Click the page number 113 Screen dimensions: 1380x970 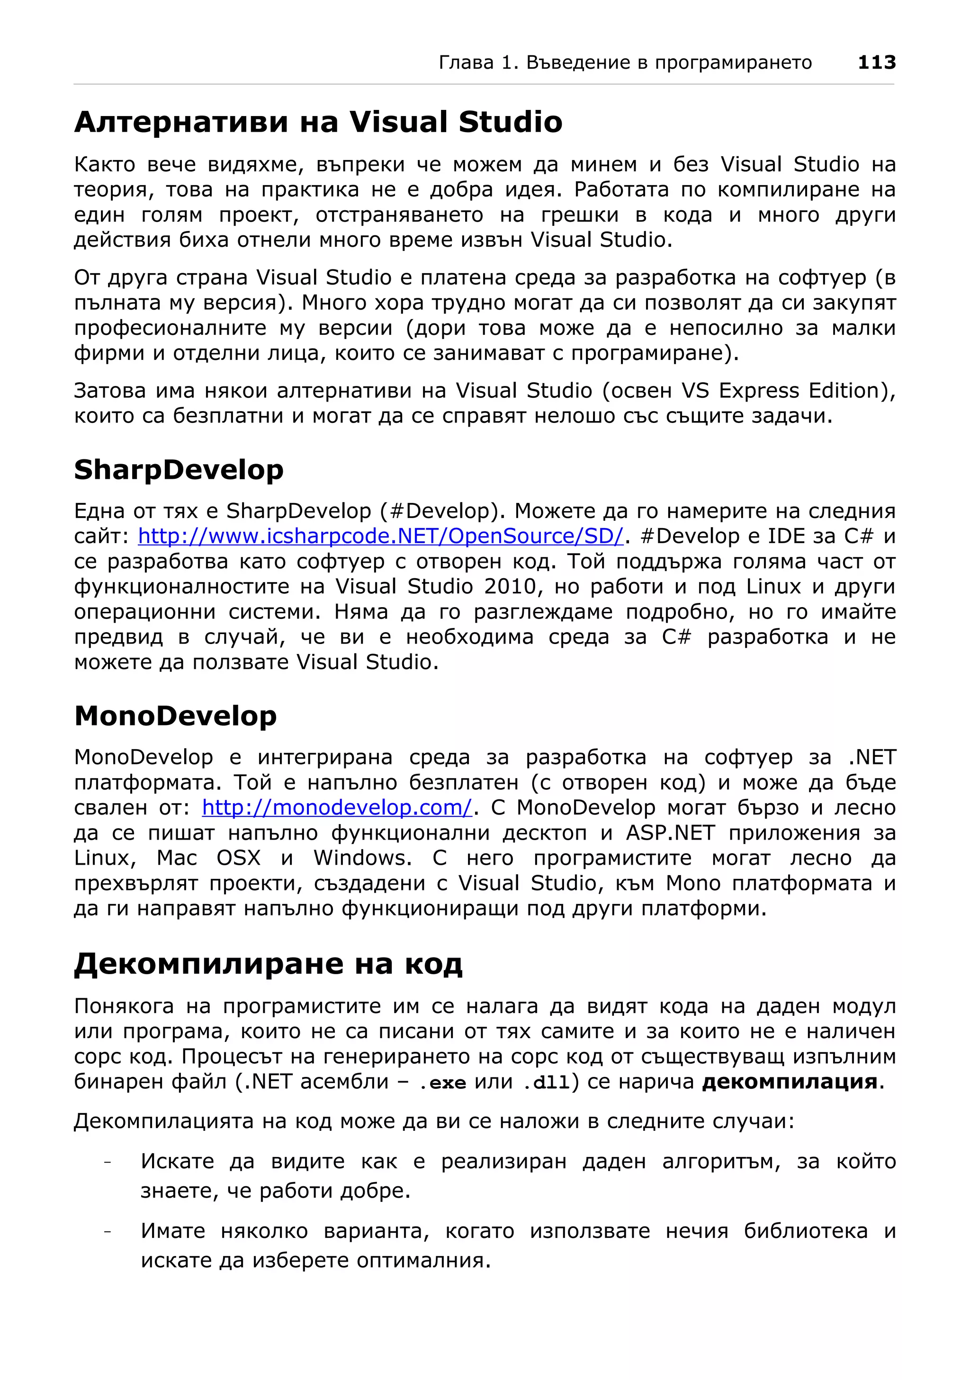[x=876, y=63]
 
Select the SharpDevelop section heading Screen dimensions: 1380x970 [x=179, y=470]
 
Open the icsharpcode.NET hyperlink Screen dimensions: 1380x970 [x=380, y=536]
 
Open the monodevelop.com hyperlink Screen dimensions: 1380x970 [x=337, y=807]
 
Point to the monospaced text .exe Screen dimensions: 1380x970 [x=442, y=1083]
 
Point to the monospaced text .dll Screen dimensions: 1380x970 [x=546, y=1083]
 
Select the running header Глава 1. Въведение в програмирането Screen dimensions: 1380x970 [x=625, y=63]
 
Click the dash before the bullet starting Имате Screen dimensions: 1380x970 [x=108, y=1232]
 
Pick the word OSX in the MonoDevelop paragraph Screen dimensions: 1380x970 [x=239, y=858]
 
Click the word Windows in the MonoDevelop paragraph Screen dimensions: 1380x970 [x=362, y=858]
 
